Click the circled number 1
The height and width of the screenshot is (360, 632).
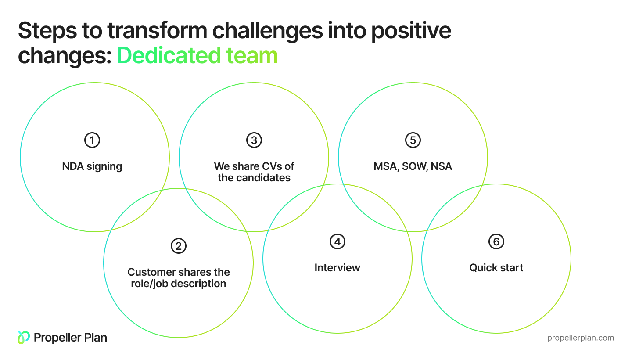tap(92, 140)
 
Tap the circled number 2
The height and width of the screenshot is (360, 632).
tap(178, 246)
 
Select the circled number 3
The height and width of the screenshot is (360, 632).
tap(254, 140)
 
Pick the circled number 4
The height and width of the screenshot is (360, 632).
tap(337, 241)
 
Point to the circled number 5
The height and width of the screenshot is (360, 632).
tap(413, 140)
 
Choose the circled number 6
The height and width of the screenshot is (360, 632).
tap(496, 241)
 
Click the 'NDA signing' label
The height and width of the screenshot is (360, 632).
tap(92, 167)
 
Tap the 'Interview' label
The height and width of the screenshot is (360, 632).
tap(337, 267)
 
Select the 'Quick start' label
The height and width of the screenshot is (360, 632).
tap(496, 267)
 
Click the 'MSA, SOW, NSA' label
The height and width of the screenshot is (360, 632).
tap(413, 166)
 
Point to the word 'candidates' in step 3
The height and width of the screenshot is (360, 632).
tap(263, 178)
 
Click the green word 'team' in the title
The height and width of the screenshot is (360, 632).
tap(252, 56)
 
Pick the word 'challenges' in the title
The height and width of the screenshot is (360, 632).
tap(267, 31)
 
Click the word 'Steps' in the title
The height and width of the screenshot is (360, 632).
tap(47, 31)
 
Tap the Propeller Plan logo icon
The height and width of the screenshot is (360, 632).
tap(23, 338)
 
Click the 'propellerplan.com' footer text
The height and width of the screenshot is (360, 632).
tap(580, 338)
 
